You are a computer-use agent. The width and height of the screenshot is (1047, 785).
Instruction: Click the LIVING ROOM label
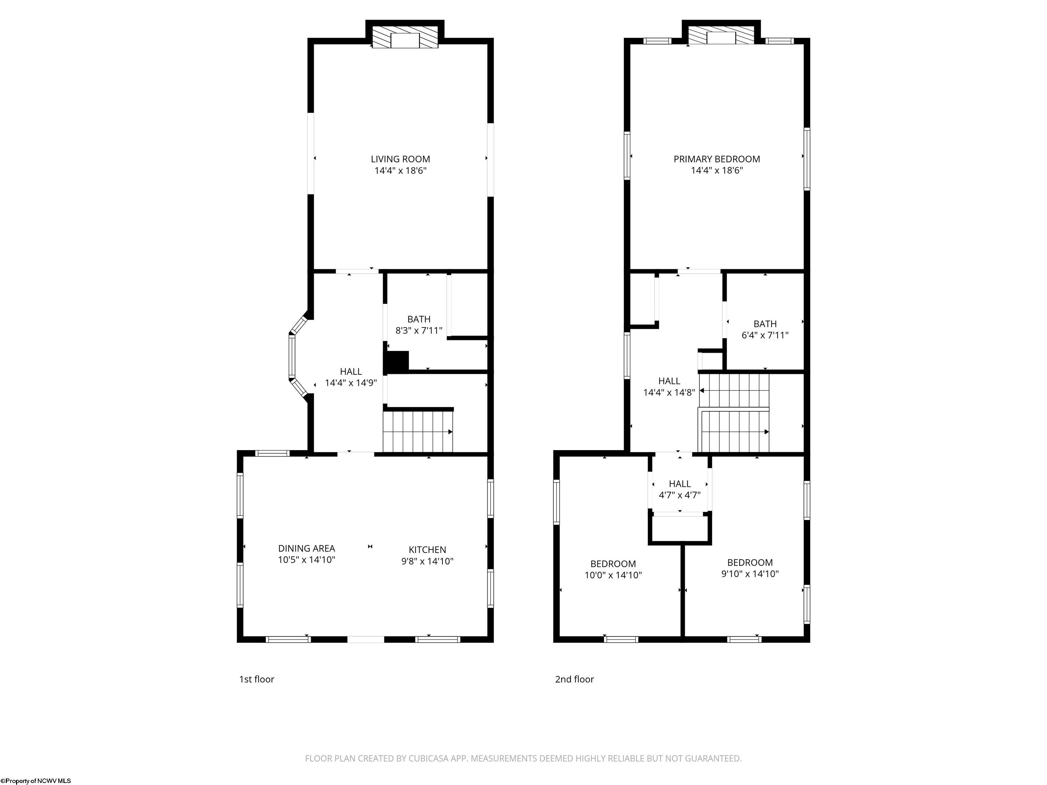(400, 159)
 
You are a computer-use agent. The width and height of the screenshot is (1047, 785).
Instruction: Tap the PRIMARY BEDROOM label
(717, 159)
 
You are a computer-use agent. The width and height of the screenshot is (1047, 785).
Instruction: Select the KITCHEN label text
(427, 550)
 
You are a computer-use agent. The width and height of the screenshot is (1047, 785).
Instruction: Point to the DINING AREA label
(307, 549)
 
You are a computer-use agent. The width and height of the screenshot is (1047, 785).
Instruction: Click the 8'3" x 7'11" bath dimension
(419, 330)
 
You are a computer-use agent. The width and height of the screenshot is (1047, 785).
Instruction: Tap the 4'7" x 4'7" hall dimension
(680, 495)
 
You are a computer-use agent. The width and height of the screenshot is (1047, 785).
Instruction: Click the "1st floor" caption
(257, 679)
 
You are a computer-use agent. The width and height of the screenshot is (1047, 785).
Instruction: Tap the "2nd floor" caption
(575, 679)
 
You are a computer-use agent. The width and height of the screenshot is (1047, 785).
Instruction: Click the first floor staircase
(418, 432)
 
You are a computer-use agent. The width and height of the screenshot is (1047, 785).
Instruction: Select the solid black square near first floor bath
(398, 362)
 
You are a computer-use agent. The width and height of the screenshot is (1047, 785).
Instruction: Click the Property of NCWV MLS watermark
(35, 781)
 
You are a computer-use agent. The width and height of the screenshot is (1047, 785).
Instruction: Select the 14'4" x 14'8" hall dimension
(669, 392)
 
